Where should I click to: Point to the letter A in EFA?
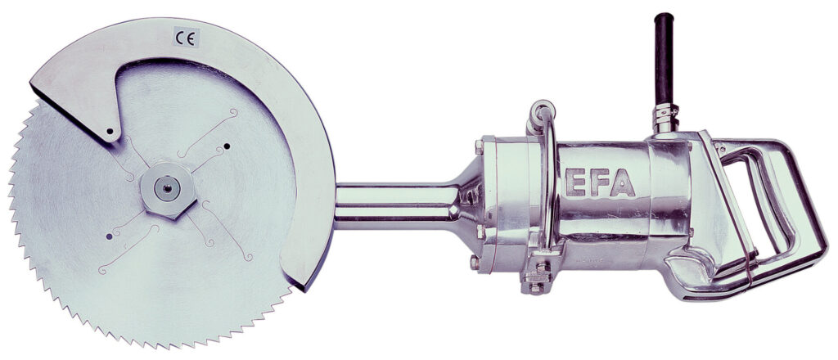coord(622,183)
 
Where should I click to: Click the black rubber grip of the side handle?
coord(664,58)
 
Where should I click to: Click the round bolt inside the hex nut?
coord(167,188)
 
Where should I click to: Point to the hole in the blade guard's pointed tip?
coord(110,130)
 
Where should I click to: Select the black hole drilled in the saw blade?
coord(227,146)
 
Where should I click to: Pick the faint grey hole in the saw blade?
coord(109,236)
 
